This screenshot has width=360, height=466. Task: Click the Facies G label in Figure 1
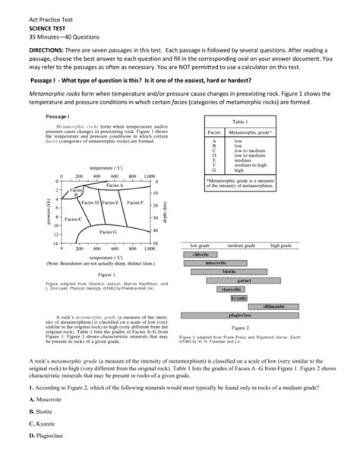(107, 231)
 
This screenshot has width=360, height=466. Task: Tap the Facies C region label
(74, 218)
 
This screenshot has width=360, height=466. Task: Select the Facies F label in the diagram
(134, 203)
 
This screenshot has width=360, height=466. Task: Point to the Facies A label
(114, 185)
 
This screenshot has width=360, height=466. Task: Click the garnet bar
(244, 281)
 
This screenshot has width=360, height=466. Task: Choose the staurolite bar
(232, 289)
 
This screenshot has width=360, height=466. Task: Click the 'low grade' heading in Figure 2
(200, 246)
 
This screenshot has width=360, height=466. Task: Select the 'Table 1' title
(240, 122)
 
